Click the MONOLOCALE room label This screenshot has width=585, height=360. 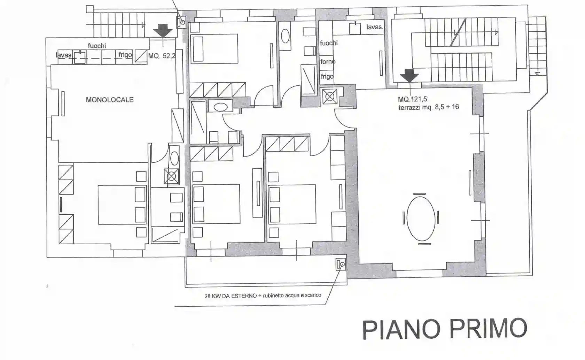pos(110,100)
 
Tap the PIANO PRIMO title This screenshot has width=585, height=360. pos(445,329)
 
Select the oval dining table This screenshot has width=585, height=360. pos(421,219)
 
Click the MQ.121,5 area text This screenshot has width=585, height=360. pos(412,99)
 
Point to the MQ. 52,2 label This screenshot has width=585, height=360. pos(162,56)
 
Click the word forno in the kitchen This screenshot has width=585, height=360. pos(328,61)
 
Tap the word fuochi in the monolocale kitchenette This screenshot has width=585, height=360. pos(97,46)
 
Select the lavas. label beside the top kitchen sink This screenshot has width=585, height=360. pos(375,27)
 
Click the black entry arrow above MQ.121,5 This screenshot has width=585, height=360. pos(409,75)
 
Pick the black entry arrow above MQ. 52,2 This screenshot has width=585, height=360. pos(163,30)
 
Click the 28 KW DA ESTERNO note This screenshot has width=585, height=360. pos(263,296)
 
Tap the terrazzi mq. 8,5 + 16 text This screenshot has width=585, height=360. pos(429,107)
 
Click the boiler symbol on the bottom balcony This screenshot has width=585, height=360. pos(341,264)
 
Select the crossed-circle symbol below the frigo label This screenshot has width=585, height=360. pos(329,97)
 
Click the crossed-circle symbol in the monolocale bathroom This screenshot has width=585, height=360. pos(171,176)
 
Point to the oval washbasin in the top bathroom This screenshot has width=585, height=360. pos(285,36)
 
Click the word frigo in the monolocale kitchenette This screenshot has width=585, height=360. pos(125,55)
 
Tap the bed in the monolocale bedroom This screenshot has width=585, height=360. pos(122,205)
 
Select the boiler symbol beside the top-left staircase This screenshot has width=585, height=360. pos(181,22)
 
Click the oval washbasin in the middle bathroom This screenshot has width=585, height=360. pos(221,107)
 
